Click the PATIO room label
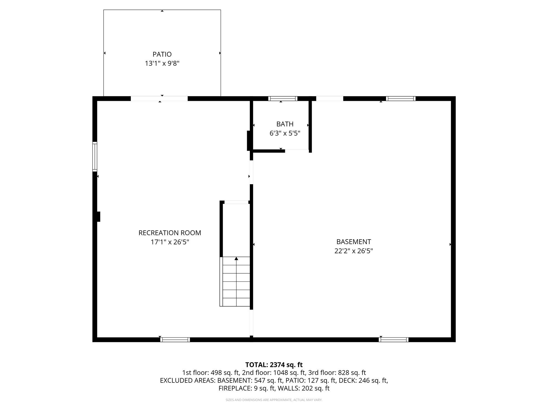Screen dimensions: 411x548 [162, 54]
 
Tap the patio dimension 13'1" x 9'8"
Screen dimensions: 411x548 [162, 64]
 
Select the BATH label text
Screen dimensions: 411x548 [285, 124]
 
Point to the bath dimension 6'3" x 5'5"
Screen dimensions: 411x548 [285, 133]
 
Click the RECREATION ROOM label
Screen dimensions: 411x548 [170, 233]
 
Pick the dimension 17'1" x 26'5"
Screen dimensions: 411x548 [170, 242]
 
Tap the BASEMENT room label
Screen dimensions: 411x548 [353, 242]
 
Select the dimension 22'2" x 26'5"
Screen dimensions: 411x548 [353, 251]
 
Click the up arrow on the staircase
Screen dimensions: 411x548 [236, 259]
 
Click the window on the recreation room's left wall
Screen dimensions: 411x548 [95, 156]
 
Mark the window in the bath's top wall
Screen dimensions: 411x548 [282, 99]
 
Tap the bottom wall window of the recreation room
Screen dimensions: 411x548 [175, 340]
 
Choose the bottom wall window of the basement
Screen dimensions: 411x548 [393, 340]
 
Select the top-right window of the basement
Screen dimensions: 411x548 [401, 99]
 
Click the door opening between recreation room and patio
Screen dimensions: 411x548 [159, 99]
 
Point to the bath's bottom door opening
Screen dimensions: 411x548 [297, 151]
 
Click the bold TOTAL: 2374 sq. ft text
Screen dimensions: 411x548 [274, 365]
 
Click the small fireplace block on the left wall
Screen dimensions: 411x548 [99, 216]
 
